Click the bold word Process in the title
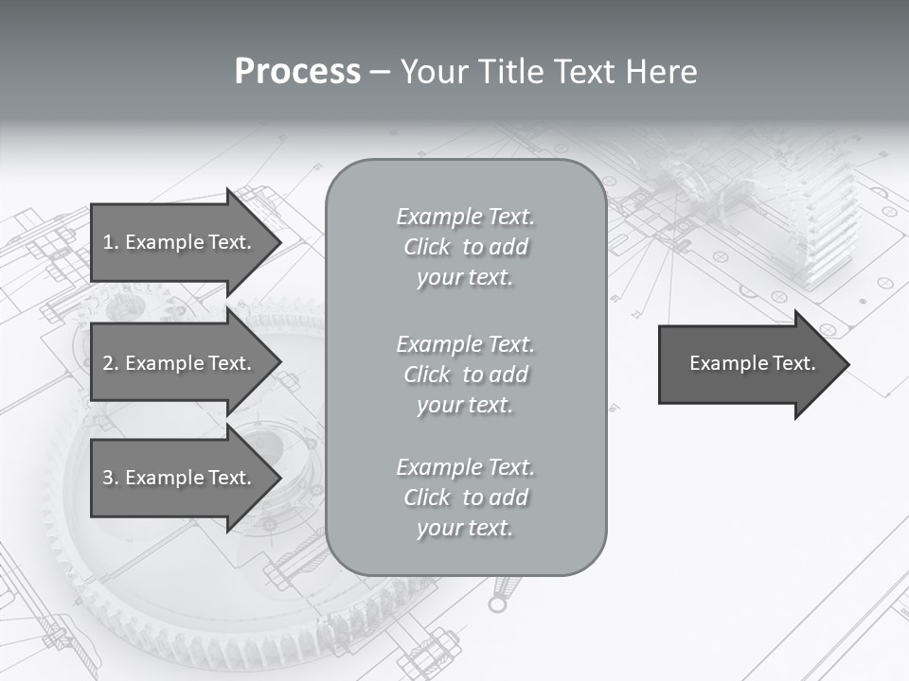(297, 72)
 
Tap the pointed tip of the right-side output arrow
(847, 364)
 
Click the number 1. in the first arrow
(110, 242)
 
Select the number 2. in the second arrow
(110, 363)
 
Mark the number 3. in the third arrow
(110, 479)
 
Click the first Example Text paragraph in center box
(465, 247)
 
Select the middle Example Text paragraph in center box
(465, 375)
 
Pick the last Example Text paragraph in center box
(465, 498)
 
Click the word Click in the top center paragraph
(427, 248)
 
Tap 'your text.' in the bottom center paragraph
(465, 529)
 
